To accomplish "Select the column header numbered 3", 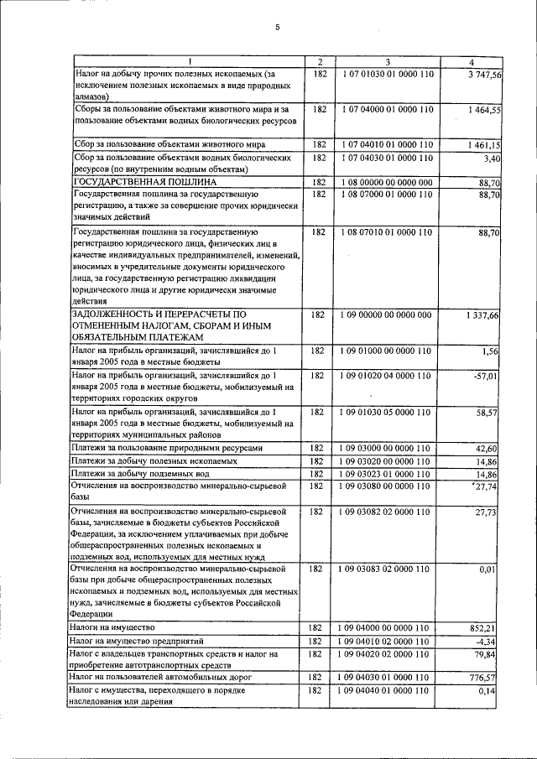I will click(x=387, y=63).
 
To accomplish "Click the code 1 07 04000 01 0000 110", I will click(x=387, y=109).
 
